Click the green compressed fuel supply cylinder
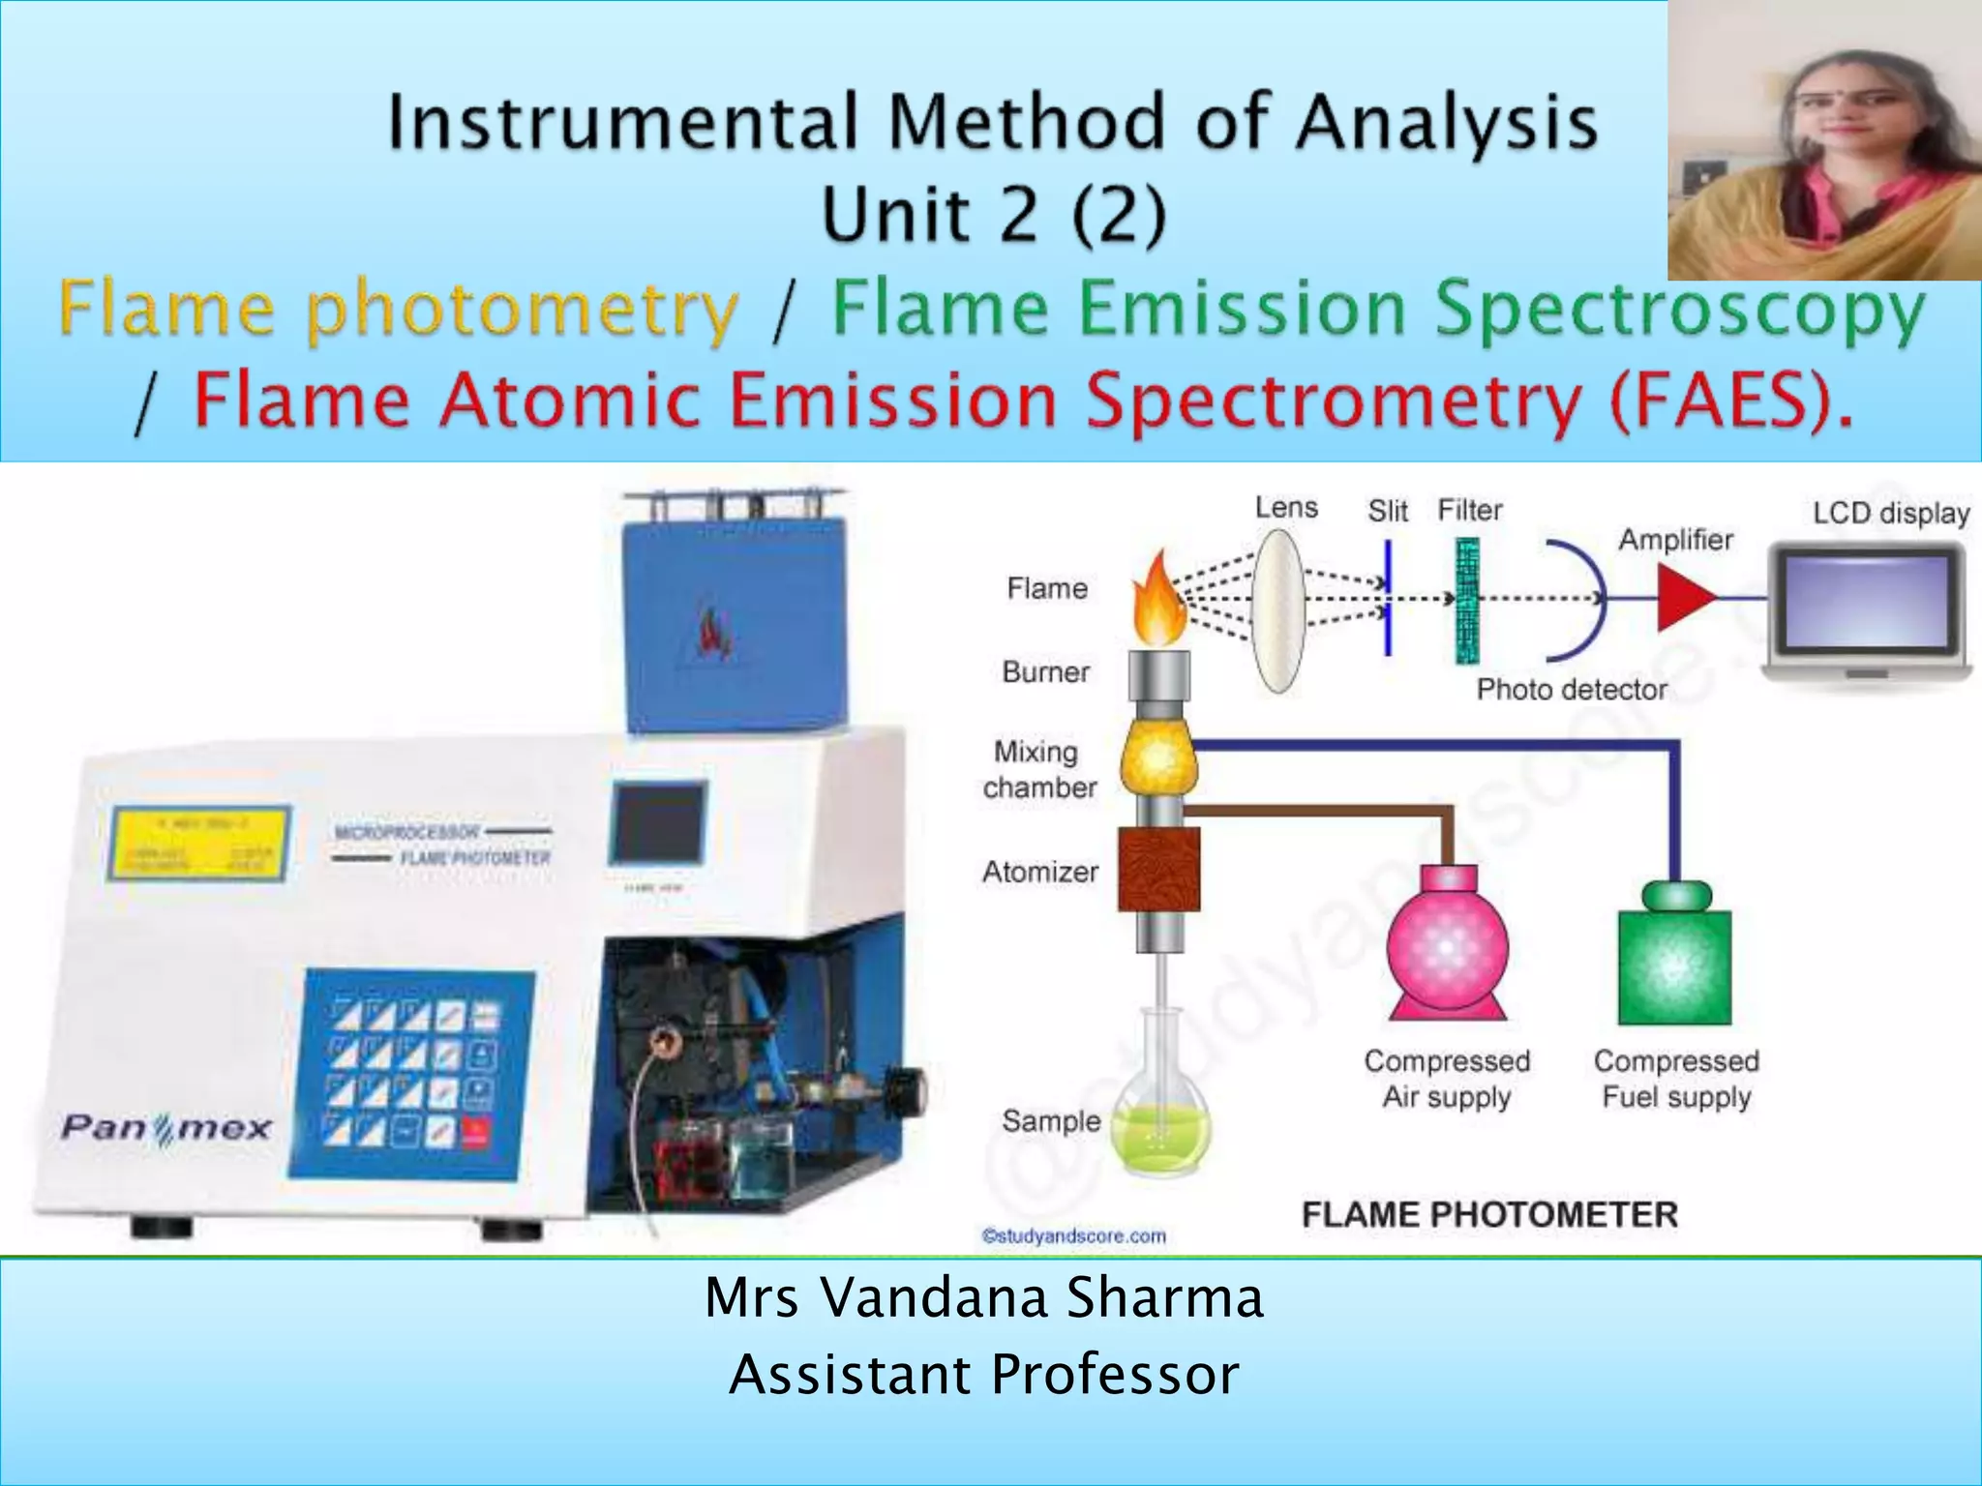pyautogui.click(x=1675, y=958)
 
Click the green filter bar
pyautogui.click(x=1467, y=601)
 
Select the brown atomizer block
pyautogui.click(x=1158, y=869)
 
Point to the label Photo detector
pyautogui.click(x=1571, y=689)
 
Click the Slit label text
pyautogui.click(x=1387, y=511)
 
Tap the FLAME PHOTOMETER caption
pyautogui.click(x=1488, y=1214)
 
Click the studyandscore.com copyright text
pyautogui.click(x=1073, y=1235)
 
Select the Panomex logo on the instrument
pyautogui.click(x=166, y=1128)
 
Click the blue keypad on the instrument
pyautogui.click(x=410, y=1074)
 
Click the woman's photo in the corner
pyautogui.click(x=1823, y=140)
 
